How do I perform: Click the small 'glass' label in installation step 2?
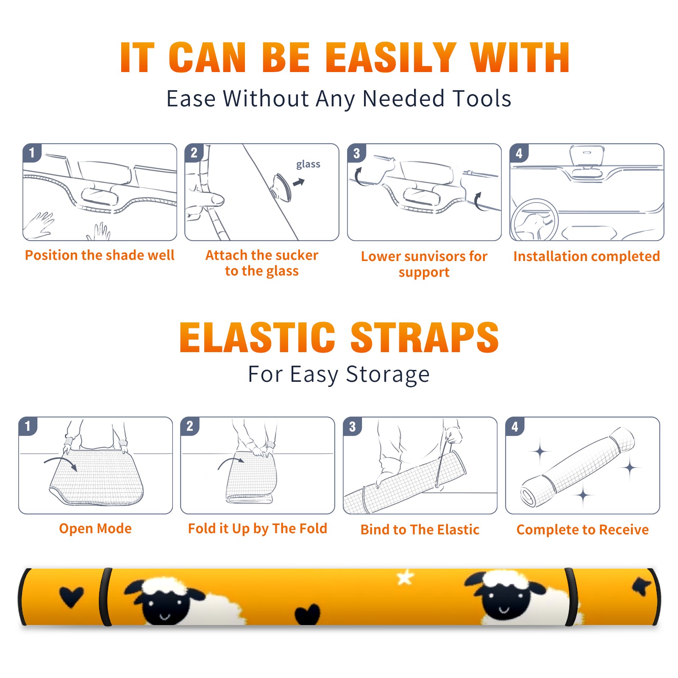click(x=308, y=164)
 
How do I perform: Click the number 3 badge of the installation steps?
click(x=356, y=153)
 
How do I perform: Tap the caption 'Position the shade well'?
click(x=100, y=255)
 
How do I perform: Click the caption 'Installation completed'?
click(x=586, y=256)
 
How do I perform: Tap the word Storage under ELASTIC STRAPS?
click(x=388, y=375)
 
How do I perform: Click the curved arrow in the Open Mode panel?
click(x=61, y=462)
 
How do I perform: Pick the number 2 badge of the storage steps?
click(x=189, y=426)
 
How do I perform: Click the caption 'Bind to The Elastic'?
click(x=420, y=530)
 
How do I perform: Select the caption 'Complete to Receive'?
click(x=583, y=530)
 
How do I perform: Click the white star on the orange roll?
click(x=405, y=578)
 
